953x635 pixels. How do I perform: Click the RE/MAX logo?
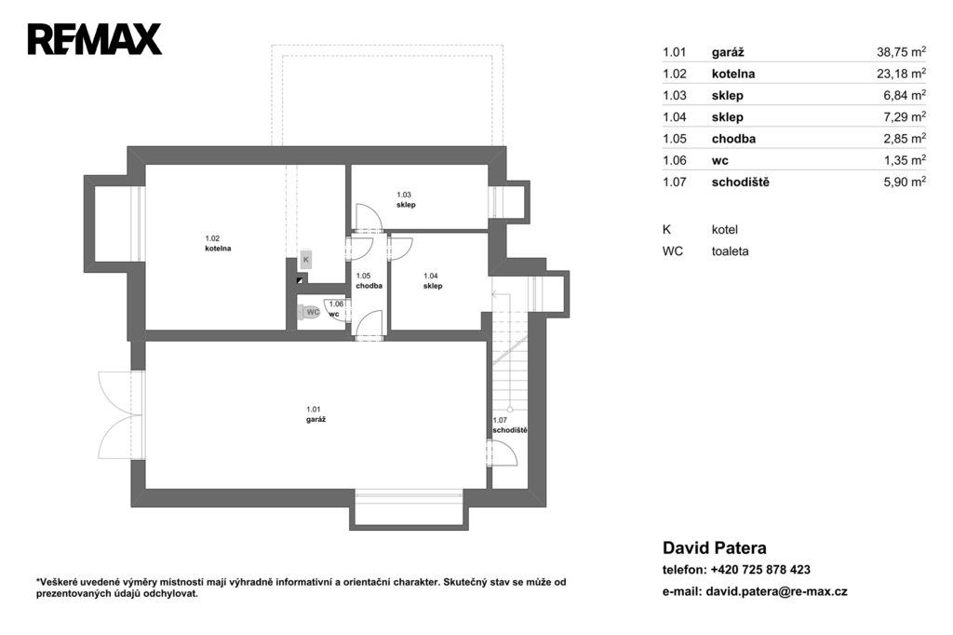tap(95, 39)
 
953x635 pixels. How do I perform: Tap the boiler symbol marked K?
tap(305, 260)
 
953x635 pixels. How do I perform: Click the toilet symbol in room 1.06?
tap(309, 313)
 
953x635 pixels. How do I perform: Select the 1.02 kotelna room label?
tap(218, 243)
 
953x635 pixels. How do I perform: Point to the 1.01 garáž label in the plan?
tap(316, 414)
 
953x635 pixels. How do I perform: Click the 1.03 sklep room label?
tap(406, 199)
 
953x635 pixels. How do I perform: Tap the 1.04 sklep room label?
tap(433, 280)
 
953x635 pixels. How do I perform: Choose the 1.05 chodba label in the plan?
tap(369, 280)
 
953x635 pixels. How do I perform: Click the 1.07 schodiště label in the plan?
tap(509, 426)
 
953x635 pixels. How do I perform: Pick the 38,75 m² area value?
tap(901, 52)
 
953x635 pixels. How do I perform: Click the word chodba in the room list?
tap(733, 139)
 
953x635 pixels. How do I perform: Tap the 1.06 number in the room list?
tap(674, 160)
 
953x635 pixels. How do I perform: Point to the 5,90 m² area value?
tap(905, 182)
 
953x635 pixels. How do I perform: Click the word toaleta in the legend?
tap(730, 251)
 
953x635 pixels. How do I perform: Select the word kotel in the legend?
tap(724, 229)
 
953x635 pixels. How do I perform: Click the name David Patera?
tap(714, 548)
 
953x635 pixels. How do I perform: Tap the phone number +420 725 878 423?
tap(760, 570)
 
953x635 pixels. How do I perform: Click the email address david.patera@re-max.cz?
tap(777, 591)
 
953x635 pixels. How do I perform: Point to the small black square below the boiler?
tap(300, 280)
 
